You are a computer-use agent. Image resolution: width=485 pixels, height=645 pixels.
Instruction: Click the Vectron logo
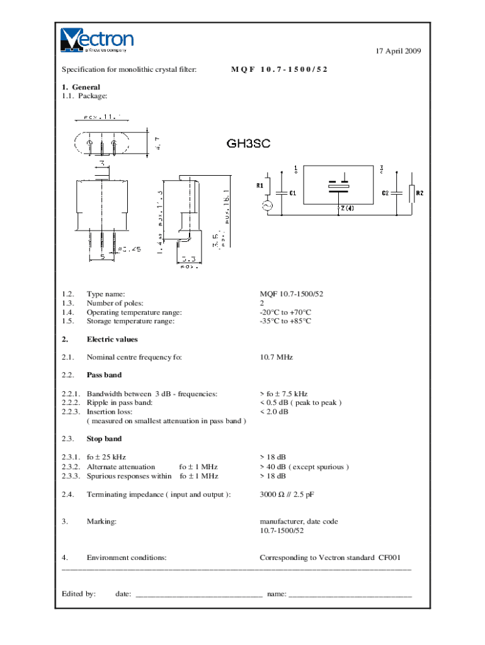pyautogui.click(x=97, y=39)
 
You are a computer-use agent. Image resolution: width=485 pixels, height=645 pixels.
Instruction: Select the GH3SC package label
pyautogui.click(x=248, y=144)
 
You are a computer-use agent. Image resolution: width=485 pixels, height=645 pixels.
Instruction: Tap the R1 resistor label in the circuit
pyautogui.click(x=260, y=185)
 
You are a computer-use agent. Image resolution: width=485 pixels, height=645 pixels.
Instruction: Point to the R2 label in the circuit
pyautogui.click(x=419, y=193)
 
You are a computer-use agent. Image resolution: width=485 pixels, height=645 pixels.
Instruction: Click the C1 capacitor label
pyautogui.click(x=293, y=193)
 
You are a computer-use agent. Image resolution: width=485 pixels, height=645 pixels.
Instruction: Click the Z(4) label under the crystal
pyautogui.click(x=346, y=208)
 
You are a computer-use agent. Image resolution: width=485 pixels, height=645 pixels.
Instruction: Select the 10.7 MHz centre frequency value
pyautogui.click(x=276, y=357)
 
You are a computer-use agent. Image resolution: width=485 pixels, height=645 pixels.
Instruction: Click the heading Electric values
pyautogui.click(x=111, y=340)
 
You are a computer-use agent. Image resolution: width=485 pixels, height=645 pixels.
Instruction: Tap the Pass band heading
pyautogui.click(x=104, y=375)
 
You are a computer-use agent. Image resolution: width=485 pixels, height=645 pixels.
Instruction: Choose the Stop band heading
pyautogui.click(x=104, y=438)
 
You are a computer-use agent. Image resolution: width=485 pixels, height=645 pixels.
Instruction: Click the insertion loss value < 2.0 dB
pyautogui.click(x=274, y=412)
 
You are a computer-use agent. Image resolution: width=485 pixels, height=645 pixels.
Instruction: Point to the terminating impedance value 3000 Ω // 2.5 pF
pyautogui.click(x=287, y=494)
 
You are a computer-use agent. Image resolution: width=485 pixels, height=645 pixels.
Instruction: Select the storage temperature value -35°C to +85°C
pyautogui.click(x=285, y=321)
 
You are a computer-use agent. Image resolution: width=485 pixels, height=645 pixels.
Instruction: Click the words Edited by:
pyautogui.click(x=79, y=593)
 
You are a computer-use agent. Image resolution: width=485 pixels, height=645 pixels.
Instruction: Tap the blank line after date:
pyautogui.click(x=198, y=595)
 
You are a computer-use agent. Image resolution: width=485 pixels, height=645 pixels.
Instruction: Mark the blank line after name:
pyautogui.click(x=350, y=595)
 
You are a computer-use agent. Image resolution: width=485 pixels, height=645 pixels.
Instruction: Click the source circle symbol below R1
pyautogui.click(x=266, y=206)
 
